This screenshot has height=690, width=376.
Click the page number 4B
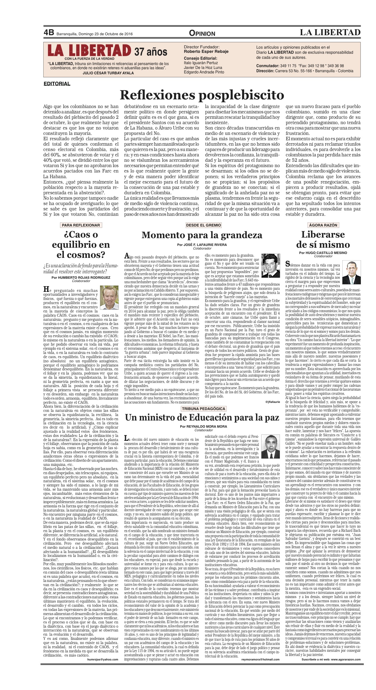pyautogui.click(x=49, y=33)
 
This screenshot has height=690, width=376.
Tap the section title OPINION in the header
pyautogui.click(x=202, y=33)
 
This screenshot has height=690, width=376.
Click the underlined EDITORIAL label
pyautogui.click(x=57, y=84)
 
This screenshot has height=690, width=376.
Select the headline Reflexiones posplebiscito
pyautogui.click(x=202, y=95)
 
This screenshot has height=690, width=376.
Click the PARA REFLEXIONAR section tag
pyautogui.click(x=81, y=225)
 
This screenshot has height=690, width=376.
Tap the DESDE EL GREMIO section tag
pyautogui.click(x=203, y=225)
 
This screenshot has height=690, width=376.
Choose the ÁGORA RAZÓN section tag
pyautogui.click(x=323, y=225)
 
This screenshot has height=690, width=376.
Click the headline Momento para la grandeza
pyautogui.click(x=202, y=235)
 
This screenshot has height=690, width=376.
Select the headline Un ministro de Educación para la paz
pyautogui.click(x=202, y=418)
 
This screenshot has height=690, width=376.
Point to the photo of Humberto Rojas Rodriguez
pyautogui.click(x=109, y=298)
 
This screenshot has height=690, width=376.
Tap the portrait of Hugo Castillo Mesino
pyautogui.click(x=352, y=272)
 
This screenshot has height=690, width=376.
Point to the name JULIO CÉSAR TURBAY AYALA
pyautogui.click(x=108, y=73)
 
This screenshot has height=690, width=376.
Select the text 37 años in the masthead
pyautogui.click(x=151, y=52)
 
